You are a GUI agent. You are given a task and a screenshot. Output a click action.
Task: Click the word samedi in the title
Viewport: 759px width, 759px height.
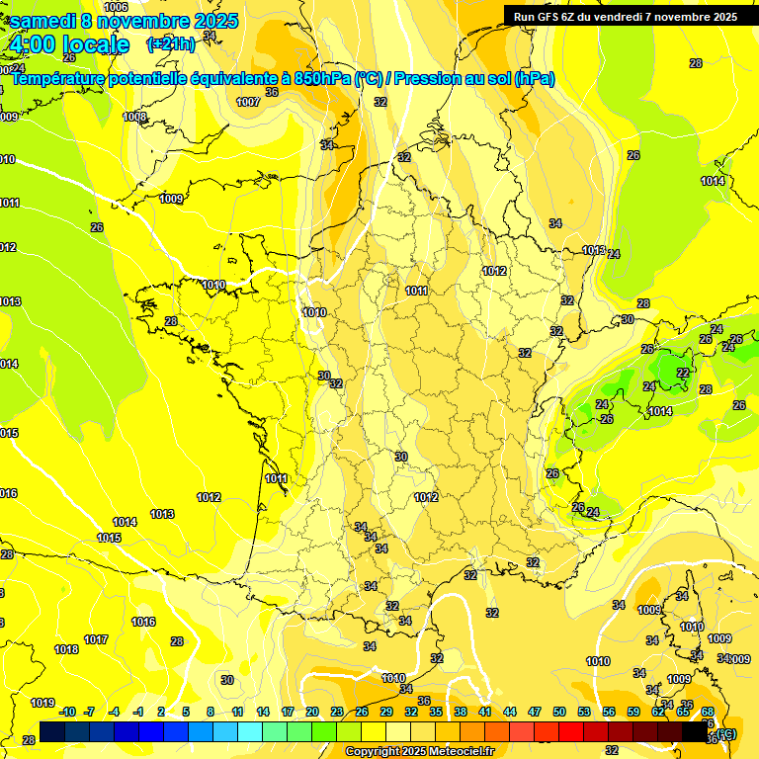pyautogui.click(x=44, y=21)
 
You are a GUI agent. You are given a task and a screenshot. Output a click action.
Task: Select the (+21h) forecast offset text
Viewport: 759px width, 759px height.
pyautogui.click(x=170, y=43)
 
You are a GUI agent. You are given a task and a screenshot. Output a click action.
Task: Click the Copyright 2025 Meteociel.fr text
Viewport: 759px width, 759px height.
pyautogui.click(x=419, y=752)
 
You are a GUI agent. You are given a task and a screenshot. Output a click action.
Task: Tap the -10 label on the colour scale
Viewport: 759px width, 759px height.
pyautogui.click(x=67, y=712)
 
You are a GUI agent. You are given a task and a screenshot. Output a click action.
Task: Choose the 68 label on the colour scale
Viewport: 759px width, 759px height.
pyautogui.click(x=708, y=712)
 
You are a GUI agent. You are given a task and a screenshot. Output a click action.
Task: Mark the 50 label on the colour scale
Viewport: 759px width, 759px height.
pyautogui.click(x=559, y=712)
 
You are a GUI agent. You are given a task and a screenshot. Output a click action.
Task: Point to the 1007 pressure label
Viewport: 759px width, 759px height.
pyautogui.click(x=249, y=102)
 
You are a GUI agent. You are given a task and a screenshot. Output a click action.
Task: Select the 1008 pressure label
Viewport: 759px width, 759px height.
pyautogui.click(x=134, y=117)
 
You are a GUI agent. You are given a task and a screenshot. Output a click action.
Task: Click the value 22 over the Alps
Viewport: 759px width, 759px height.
pyautogui.click(x=683, y=373)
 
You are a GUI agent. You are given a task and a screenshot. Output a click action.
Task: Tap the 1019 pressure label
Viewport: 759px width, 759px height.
pyautogui.click(x=42, y=704)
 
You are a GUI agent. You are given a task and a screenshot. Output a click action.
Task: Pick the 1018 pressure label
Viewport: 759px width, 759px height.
pyautogui.click(x=66, y=649)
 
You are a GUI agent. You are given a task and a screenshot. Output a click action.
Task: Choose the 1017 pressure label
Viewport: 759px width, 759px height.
pyautogui.click(x=96, y=639)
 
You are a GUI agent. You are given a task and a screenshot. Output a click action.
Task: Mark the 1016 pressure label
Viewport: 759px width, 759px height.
pyautogui.click(x=143, y=622)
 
